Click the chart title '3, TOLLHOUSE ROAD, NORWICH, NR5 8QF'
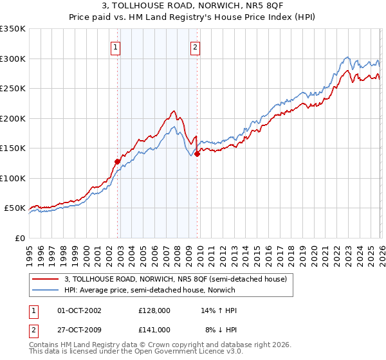(x=192, y=7)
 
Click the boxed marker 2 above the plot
(x=194, y=46)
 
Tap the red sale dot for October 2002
(x=117, y=161)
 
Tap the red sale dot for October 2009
(x=198, y=154)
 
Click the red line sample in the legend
(x=46, y=279)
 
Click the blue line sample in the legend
(x=46, y=291)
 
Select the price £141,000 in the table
(x=154, y=330)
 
